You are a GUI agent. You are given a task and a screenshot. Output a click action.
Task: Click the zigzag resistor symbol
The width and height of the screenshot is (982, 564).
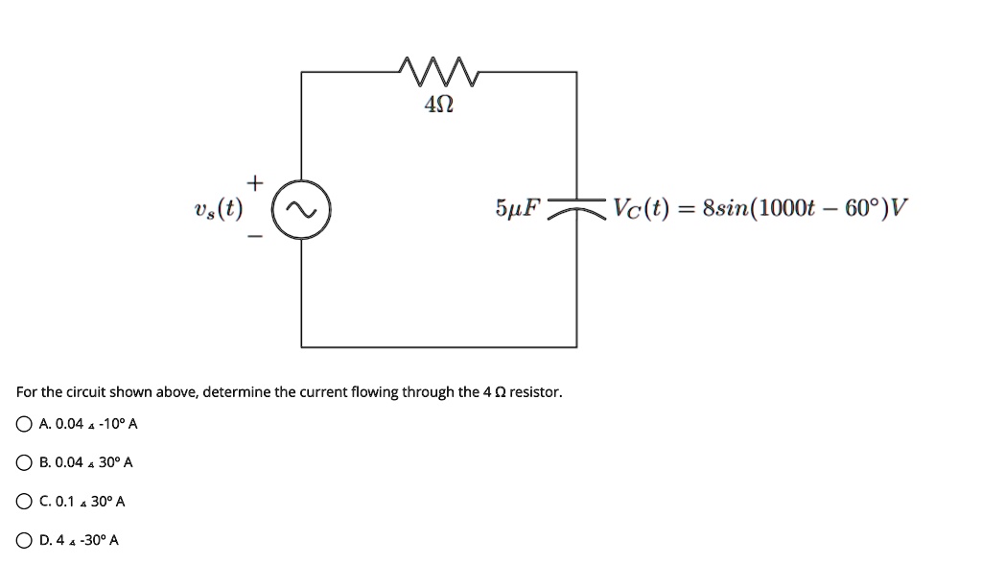[x=436, y=70]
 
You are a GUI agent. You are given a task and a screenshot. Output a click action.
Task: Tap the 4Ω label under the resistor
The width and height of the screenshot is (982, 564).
[x=437, y=106]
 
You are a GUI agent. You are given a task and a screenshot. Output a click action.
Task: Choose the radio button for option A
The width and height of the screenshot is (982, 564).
[x=24, y=424]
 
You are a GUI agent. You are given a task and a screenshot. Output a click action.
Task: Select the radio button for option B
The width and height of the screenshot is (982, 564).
[x=24, y=462]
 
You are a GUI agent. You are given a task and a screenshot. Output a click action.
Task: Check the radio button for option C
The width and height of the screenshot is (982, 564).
[x=24, y=502]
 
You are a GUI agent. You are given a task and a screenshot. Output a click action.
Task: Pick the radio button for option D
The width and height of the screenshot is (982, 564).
[x=24, y=540]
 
